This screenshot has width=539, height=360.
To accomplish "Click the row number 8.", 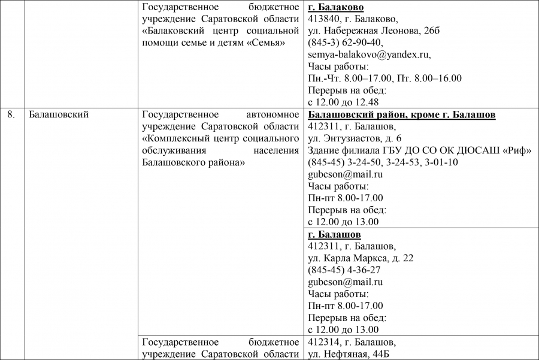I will click(x=11, y=114).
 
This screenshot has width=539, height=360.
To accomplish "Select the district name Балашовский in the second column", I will click(x=59, y=114).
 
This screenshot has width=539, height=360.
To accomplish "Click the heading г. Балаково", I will click(x=336, y=7).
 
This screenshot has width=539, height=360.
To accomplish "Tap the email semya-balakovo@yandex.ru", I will click(x=369, y=55).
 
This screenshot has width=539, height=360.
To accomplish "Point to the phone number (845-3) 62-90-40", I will click(x=346, y=43).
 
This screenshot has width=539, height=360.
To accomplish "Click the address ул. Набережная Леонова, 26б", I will click(x=373, y=31).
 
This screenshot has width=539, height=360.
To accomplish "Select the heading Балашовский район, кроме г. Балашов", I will click(x=401, y=114).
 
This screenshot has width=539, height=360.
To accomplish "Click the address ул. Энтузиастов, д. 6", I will click(x=355, y=138).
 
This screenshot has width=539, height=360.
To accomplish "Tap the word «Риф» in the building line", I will click(x=518, y=150).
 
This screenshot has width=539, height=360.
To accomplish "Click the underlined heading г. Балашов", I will click(x=334, y=234).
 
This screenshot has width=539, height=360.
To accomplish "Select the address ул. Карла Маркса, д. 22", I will click(x=361, y=258).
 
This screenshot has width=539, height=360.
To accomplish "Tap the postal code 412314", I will click(x=322, y=342).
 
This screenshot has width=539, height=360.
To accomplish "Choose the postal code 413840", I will click(x=322, y=19).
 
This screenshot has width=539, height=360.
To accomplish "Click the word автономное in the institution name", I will click(x=272, y=114).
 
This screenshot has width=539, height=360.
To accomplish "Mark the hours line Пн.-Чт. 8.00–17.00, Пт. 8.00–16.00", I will click(x=384, y=78).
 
